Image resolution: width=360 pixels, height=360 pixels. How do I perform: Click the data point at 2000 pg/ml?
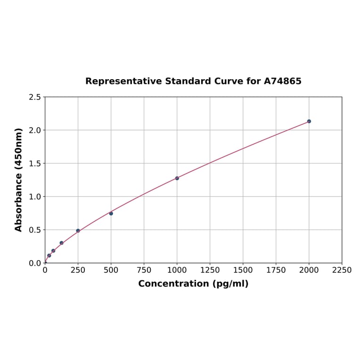tap(309, 121)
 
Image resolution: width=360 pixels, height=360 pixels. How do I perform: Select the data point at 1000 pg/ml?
tap(177, 178)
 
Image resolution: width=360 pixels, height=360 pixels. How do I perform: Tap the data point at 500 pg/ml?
tap(111, 213)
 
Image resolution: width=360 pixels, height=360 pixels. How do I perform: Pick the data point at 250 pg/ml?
tap(78, 231)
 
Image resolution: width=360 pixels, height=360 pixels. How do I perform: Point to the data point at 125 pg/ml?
tap(62, 243)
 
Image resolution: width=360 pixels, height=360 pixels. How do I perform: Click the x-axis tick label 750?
tap(144, 270)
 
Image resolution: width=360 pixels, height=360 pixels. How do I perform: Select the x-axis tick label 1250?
tap(210, 270)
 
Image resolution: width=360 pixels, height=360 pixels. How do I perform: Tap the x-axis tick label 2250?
tap(342, 270)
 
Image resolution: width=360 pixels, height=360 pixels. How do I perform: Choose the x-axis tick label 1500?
tap(243, 270)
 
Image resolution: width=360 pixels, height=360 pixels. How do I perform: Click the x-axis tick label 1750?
tap(276, 270)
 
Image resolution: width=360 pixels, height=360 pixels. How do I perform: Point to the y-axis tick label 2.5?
tap(35, 97)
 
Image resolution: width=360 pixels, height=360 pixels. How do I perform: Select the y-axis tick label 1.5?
tap(35, 164)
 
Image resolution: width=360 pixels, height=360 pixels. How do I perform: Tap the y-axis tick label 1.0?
tap(35, 196)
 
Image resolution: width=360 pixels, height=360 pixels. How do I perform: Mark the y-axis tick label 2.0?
tap(35, 130)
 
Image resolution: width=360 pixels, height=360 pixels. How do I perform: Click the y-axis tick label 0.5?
tap(35, 230)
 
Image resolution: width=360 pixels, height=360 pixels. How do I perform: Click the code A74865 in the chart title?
tap(282, 81)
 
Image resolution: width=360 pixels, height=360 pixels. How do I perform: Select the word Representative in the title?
tap(123, 81)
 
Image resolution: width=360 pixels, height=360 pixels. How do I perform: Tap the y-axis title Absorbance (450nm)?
tap(19, 180)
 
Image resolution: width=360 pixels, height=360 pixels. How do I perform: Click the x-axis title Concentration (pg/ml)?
tap(193, 284)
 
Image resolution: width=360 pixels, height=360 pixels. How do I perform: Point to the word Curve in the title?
tap(228, 81)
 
